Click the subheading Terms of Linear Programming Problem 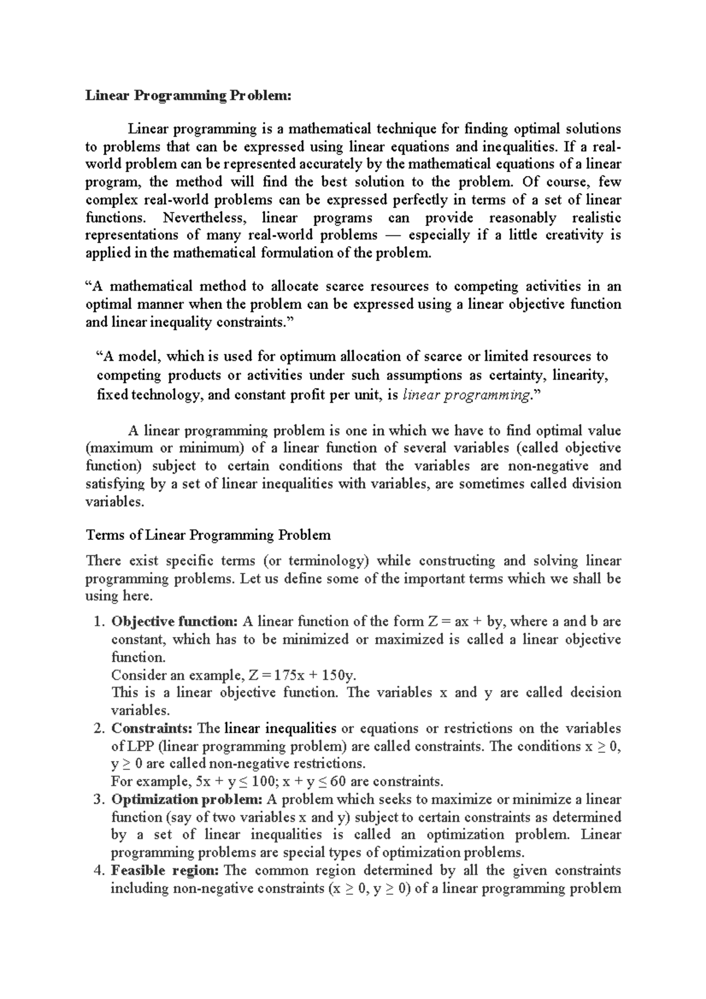click(x=208, y=535)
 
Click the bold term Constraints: click(x=152, y=729)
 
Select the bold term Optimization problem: click(x=187, y=799)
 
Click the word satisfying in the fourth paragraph click(x=115, y=484)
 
